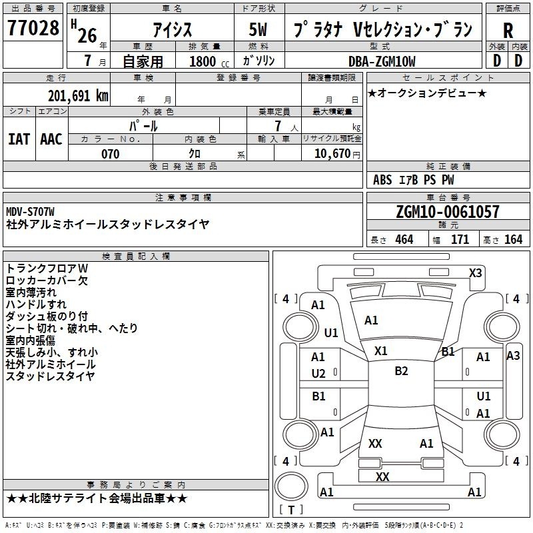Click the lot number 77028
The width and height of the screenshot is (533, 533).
[33, 27]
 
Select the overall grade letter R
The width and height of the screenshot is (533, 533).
[508, 31]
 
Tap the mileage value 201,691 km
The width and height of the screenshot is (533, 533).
[78, 96]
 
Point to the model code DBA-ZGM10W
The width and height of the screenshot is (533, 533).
[382, 61]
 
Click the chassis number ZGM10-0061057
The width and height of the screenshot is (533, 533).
[448, 212]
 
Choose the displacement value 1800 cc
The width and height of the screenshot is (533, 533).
[209, 61]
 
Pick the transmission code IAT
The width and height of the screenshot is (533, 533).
[19, 139]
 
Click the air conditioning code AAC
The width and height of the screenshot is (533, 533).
[51, 139]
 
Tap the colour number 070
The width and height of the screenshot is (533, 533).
[111, 154]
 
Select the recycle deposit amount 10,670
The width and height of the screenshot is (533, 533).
[332, 154]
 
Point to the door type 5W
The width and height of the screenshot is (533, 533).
[258, 29]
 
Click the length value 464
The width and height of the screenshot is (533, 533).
[404, 239]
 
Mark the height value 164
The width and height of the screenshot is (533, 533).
[513, 239]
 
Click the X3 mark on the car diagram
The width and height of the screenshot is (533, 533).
[476, 273]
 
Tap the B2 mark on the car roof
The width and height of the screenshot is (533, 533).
[401, 371]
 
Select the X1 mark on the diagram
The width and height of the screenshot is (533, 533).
[380, 351]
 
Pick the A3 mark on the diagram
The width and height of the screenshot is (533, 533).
[513, 356]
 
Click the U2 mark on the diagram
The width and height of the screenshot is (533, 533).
[318, 374]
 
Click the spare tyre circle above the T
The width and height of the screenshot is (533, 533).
[291, 486]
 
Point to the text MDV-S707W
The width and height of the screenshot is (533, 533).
[30, 212]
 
